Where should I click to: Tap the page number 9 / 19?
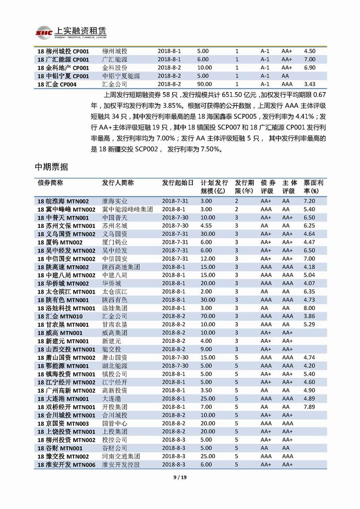pos(180,479)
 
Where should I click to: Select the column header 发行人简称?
pos(118,183)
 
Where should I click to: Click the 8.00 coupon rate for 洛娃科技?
pos(310,308)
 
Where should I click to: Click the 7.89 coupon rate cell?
pos(309,407)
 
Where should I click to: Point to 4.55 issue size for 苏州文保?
pos(206,226)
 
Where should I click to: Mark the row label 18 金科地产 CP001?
pos(63,68)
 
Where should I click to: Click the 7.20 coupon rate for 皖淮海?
pos(310,201)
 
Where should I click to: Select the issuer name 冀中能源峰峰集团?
pos(127,209)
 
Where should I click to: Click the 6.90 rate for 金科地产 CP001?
pos(310,68)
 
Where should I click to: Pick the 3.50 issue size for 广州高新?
pos(206,390)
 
